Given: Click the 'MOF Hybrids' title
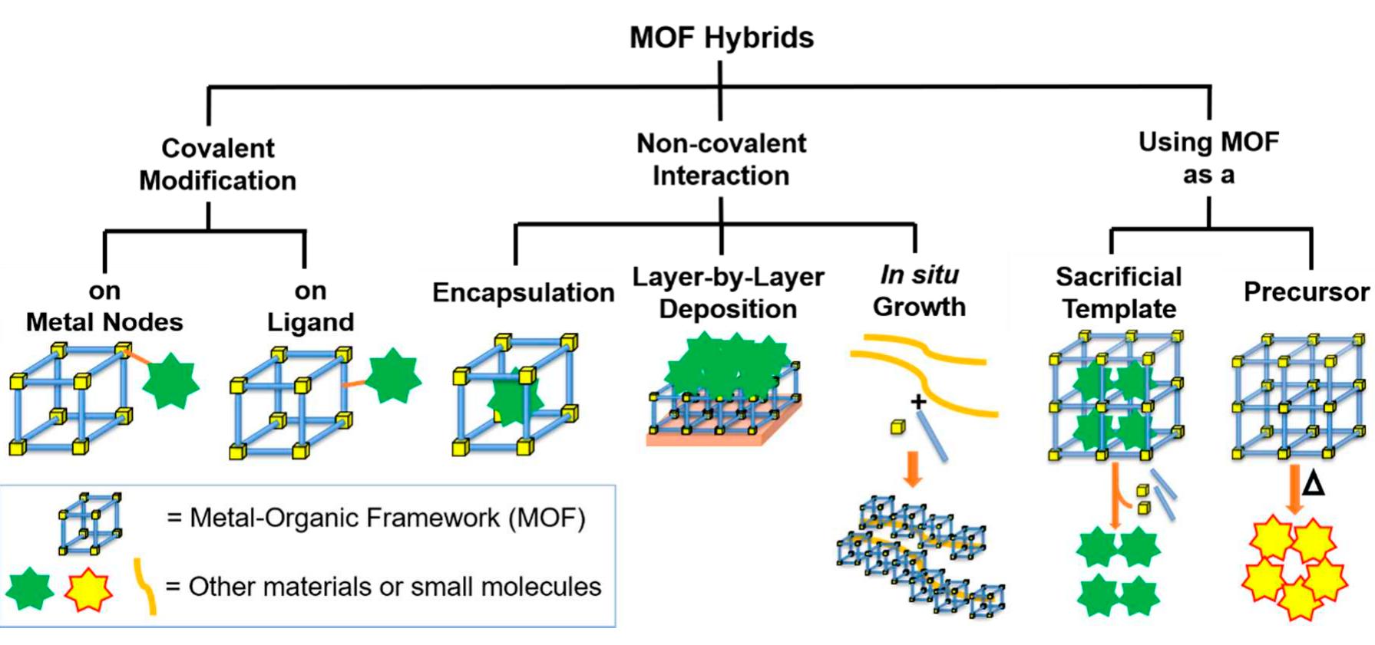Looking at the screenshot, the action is (x=721, y=37).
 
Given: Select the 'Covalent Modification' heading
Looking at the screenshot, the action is (x=218, y=164).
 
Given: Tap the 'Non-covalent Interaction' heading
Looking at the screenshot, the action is (x=721, y=160).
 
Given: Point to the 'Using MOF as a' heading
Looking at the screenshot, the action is (x=1208, y=158).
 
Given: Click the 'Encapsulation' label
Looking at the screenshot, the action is (x=523, y=292).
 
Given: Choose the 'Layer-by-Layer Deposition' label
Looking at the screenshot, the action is (x=728, y=292).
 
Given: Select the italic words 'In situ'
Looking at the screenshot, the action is (x=919, y=274).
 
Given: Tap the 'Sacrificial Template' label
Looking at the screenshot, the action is (x=1119, y=292).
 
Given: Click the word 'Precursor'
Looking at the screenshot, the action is (x=1306, y=291).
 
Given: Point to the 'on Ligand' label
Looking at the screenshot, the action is (x=310, y=306).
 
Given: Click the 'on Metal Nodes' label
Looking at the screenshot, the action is (x=104, y=306).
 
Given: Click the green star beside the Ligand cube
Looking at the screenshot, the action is (x=392, y=376).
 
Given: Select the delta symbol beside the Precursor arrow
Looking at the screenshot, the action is (x=1314, y=484).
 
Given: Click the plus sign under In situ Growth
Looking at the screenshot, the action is (x=917, y=401).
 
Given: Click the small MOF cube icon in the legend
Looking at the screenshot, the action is (x=91, y=523).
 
